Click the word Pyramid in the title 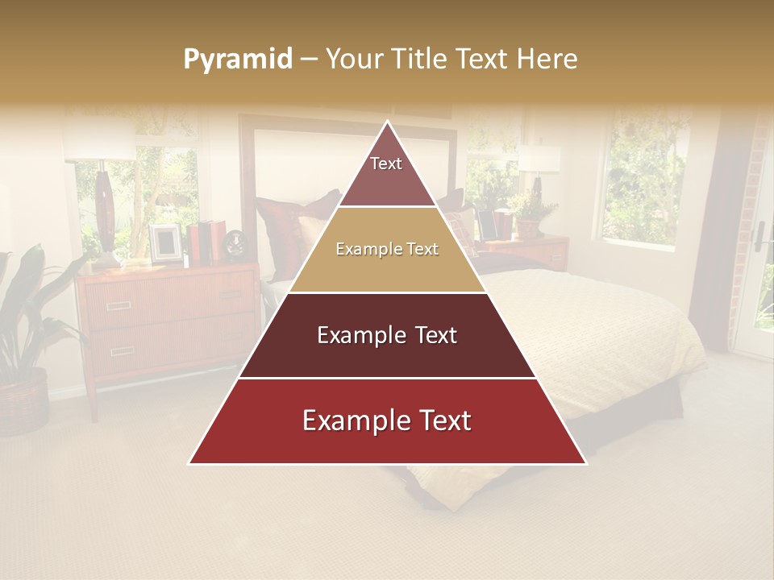[237, 60]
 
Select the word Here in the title [547, 60]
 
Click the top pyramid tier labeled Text [386, 170]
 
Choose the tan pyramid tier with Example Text [387, 250]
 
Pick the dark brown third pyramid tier [387, 335]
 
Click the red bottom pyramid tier [387, 421]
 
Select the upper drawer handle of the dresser [119, 305]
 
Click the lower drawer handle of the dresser [123, 350]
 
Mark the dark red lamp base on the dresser [105, 211]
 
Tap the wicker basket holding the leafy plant [23, 401]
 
